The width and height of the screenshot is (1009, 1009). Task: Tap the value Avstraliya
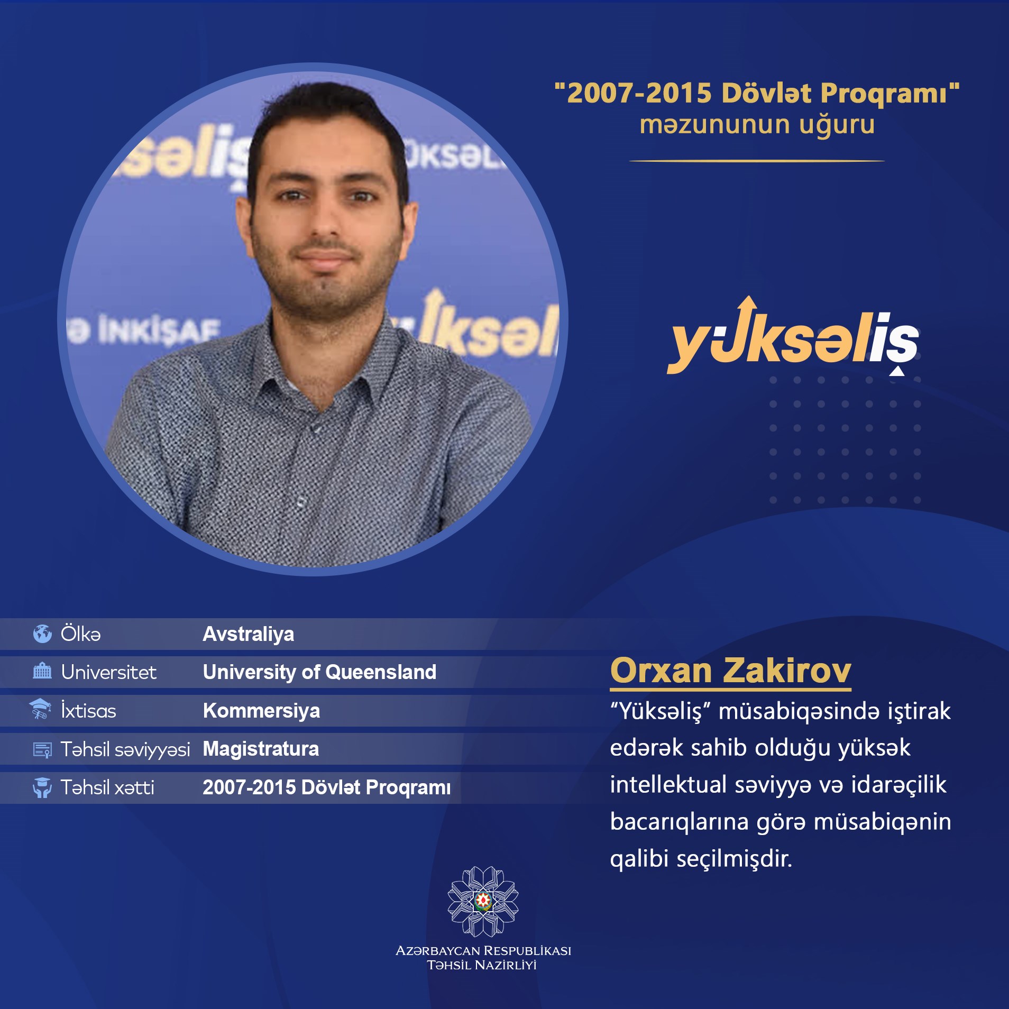[248, 634]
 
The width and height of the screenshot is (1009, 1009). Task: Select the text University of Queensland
[319, 672]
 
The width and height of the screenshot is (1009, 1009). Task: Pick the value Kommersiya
[261, 710]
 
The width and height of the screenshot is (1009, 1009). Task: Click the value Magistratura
[261, 749]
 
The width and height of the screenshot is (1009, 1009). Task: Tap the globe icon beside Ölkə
[42, 633]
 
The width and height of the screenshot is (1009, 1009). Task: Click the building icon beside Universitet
[42, 671]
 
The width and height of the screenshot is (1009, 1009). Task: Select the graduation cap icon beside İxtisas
[40, 709]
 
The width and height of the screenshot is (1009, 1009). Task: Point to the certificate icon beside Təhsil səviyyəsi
[42, 750]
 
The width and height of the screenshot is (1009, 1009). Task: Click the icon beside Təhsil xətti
[42, 787]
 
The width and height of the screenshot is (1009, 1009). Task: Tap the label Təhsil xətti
[107, 787]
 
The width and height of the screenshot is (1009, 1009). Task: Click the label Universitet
[108, 672]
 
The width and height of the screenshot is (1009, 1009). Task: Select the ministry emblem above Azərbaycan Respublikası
[483, 901]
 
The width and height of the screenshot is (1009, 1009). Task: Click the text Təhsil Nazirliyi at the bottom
[482, 965]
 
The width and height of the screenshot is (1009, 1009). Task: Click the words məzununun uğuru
[757, 125]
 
